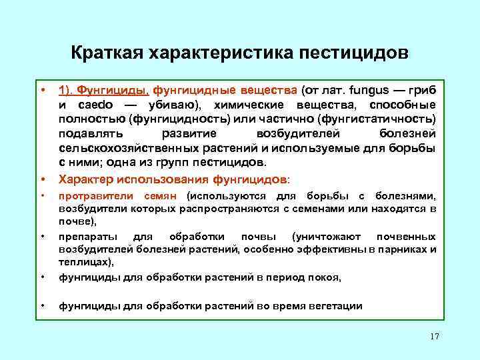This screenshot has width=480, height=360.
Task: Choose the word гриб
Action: (x=423, y=90)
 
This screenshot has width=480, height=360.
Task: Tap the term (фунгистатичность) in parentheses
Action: (x=376, y=120)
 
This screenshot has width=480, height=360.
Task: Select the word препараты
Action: (x=88, y=236)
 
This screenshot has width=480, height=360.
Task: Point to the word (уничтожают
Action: (x=327, y=236)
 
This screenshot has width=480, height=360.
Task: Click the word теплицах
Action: (x=85, y=262)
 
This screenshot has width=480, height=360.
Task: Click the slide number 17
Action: (x=435, y=337)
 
